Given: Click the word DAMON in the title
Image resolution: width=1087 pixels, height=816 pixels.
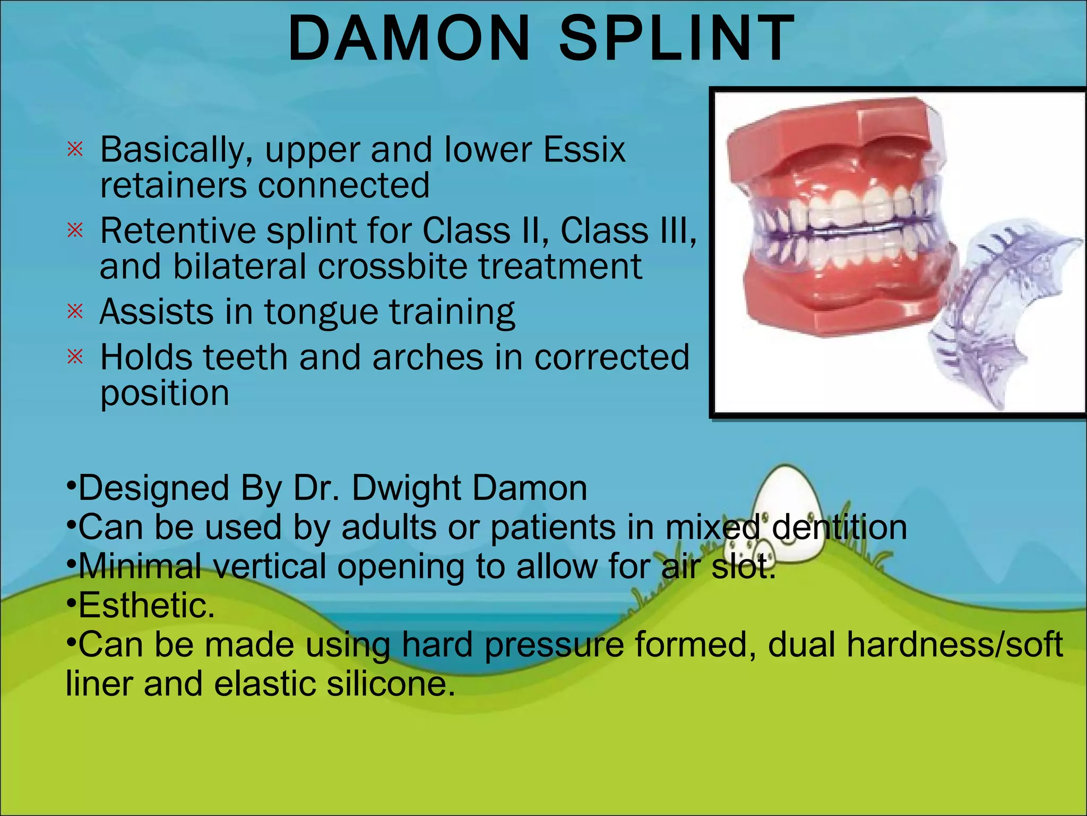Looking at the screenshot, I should [409, 38].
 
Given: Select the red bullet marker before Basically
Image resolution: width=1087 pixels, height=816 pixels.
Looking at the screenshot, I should [75, 149].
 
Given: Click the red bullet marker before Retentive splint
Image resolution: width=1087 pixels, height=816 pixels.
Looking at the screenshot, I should [75, 231].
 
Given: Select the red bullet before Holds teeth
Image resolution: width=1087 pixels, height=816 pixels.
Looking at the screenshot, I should [75, 357].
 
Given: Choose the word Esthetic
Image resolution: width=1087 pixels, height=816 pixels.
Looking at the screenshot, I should [146, 606].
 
